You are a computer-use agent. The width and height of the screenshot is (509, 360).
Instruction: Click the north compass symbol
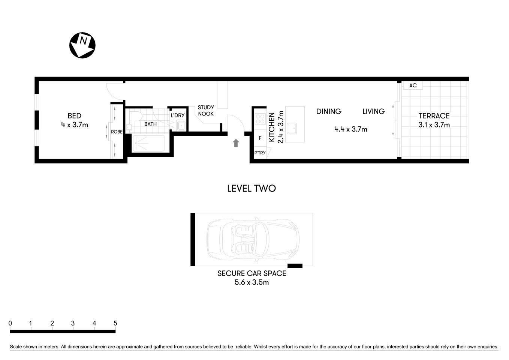[82, 45]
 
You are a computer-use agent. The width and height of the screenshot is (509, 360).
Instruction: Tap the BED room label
[75, 116]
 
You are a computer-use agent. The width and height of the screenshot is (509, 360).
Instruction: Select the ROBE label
[117, 132]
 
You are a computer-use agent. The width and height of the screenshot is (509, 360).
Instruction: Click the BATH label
[150, 124]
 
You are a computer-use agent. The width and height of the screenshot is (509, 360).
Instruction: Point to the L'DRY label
[178, 115]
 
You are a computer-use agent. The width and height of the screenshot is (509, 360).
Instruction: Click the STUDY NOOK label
[206, 111]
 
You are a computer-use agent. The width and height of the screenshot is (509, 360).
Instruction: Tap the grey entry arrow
[236, 143]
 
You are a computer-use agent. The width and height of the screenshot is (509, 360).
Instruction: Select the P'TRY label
[260, 153]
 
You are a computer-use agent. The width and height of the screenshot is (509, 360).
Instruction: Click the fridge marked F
[260, 138]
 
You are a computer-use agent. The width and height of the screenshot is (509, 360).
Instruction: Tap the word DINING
[329, 111]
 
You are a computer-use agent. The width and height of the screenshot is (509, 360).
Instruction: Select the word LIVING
[373, 111]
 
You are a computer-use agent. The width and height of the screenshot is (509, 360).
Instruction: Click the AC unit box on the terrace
[413, 85]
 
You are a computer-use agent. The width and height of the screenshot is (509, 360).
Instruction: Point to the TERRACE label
[434, 116]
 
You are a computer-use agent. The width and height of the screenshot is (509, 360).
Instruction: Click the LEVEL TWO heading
[252, 188]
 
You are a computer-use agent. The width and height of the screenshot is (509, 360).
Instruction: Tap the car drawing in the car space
[253, 239]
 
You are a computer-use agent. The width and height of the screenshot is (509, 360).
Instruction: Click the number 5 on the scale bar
[115, 323]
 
